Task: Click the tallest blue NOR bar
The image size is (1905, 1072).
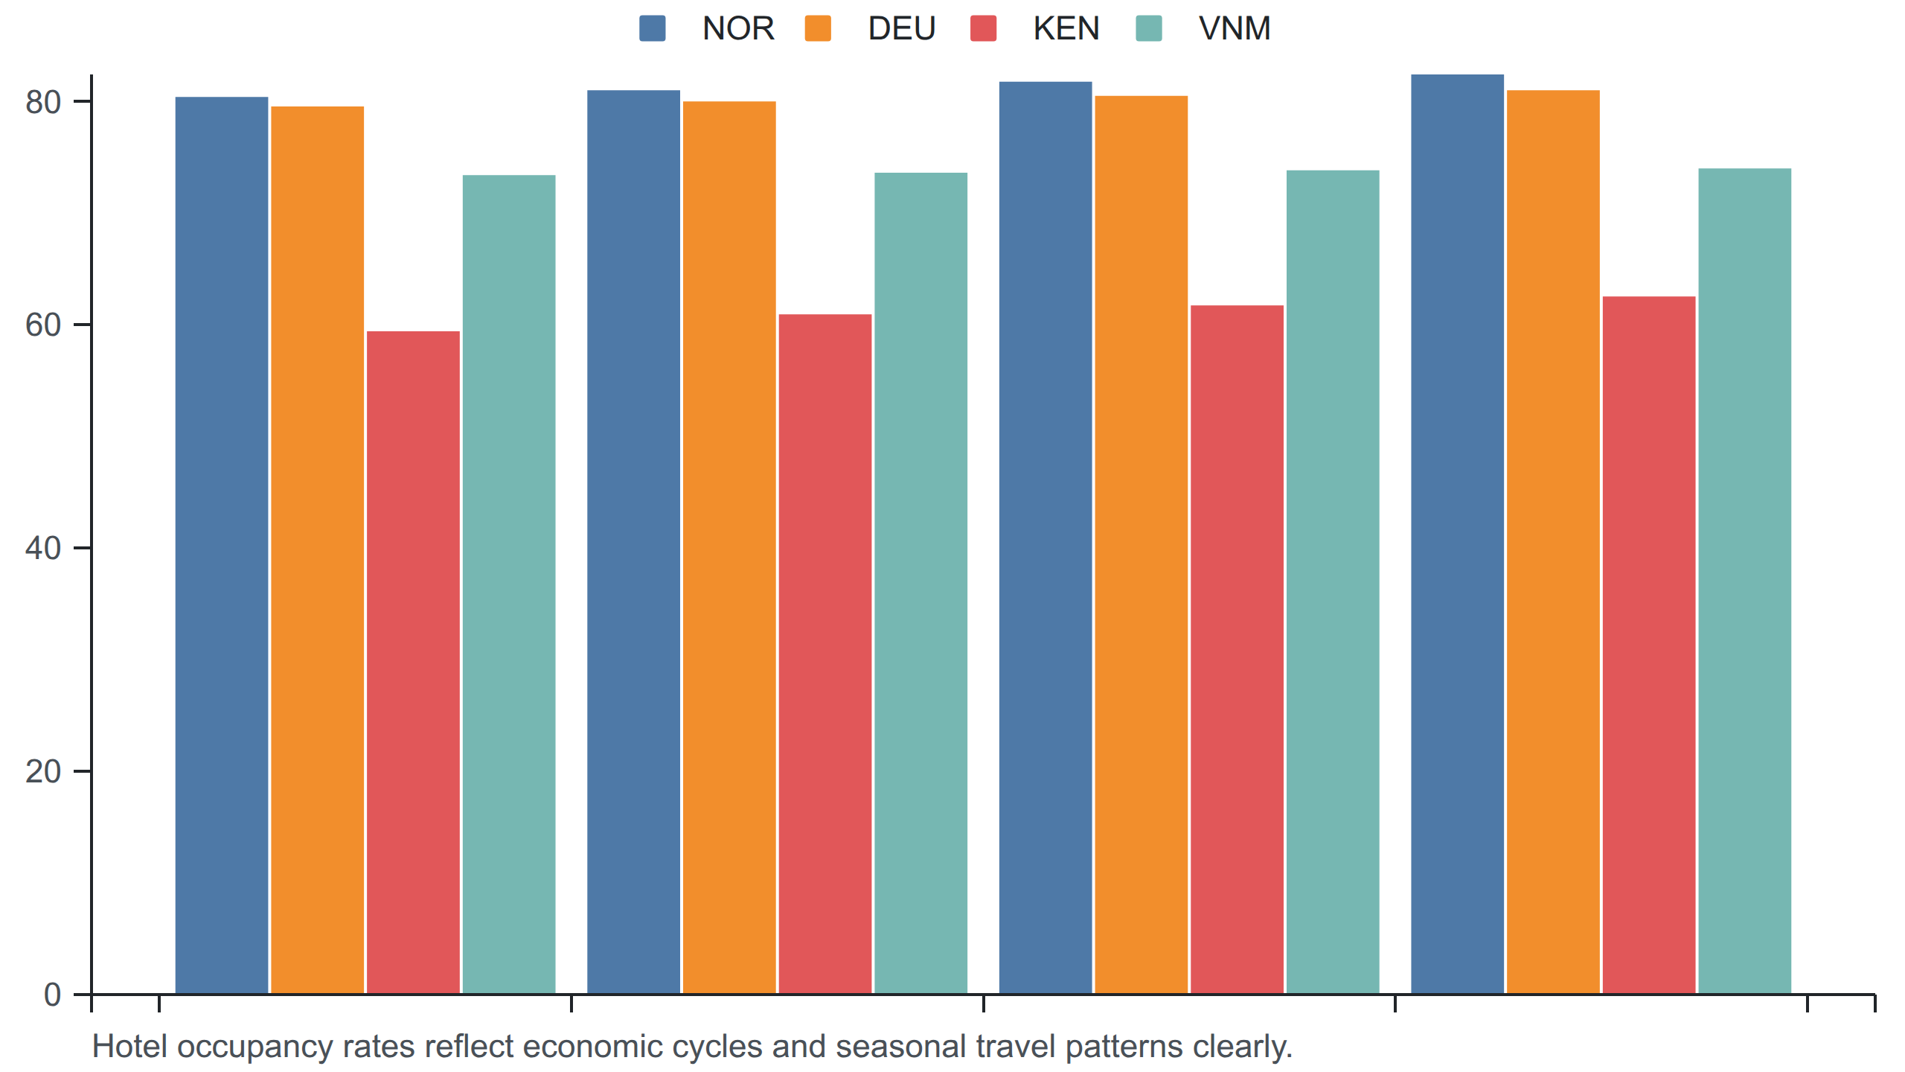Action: [1457, 534]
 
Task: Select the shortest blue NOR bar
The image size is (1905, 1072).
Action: [222, 545]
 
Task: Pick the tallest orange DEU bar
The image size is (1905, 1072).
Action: [1553, 542]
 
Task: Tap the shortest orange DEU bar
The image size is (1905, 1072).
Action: [318, 550]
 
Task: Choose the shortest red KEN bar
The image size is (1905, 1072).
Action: [413, 663]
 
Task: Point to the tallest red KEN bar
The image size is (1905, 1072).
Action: [1649, 645]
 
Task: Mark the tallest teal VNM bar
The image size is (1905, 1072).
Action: [1745, 581]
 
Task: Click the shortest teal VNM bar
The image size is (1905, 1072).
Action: [509, 584]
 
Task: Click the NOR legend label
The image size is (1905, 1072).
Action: [738, 28]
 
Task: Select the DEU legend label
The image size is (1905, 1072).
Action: [902, 28]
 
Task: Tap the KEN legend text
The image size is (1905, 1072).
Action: [1066, 28]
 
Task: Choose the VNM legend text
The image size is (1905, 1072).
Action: [1235, 28]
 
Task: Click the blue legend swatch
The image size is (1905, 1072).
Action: [653, 28]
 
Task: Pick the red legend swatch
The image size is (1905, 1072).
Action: [984, 28]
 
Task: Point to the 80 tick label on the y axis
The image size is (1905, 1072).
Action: [43, 102]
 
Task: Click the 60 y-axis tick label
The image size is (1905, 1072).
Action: [43, 325]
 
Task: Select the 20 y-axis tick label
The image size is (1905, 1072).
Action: [43, 771]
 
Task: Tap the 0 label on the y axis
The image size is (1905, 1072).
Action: [52, 995]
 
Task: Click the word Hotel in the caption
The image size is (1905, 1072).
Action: [130, 1047]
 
